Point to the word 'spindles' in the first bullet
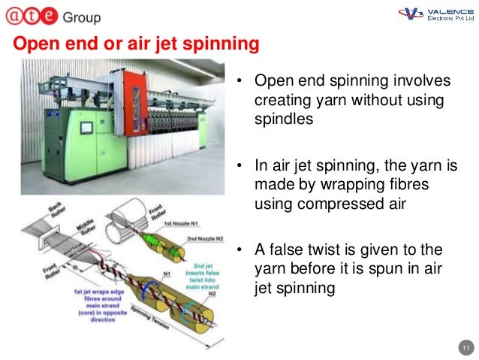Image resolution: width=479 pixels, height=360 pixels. point(282,119)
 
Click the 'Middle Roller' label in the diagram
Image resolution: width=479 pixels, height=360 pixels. point(83,229)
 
